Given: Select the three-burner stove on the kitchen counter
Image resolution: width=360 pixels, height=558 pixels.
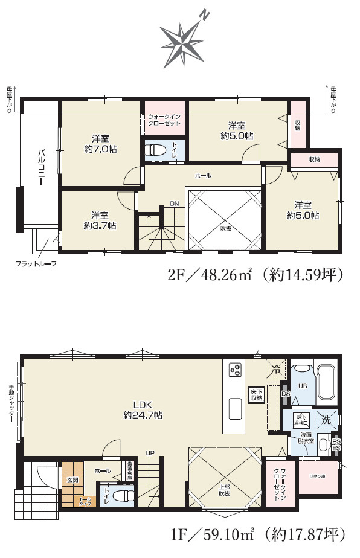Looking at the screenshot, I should pos(235,368).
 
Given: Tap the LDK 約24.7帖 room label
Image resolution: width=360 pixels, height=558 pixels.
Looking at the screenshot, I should pos(143,410).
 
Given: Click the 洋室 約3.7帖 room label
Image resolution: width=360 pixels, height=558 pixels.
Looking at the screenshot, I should pos(100,220).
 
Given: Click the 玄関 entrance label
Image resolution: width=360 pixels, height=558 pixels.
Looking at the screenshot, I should pos(73,479).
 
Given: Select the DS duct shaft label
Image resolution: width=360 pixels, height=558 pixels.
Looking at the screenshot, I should pos(285,394).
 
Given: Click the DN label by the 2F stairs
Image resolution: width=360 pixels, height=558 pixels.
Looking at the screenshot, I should pos(174,203).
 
